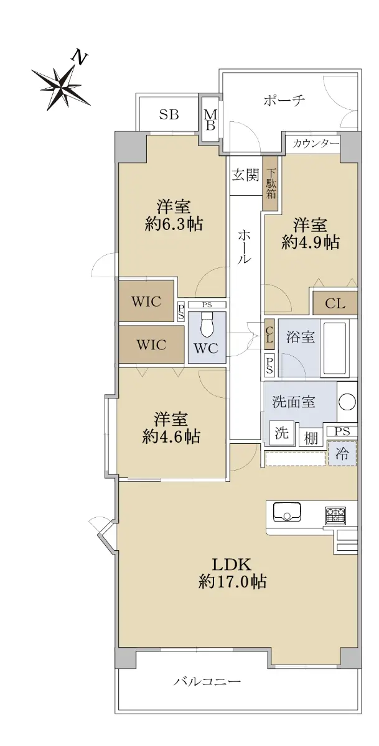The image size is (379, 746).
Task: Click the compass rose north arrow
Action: (61, 85)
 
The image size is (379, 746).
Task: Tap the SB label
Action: (169, 114)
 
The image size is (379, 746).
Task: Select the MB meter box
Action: (210, 120)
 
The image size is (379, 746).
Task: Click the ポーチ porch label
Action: (284, 100)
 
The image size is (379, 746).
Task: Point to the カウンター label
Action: (315, 144)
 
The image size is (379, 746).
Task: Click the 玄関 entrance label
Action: (245, 175)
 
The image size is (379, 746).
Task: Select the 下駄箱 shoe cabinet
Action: (271, 183)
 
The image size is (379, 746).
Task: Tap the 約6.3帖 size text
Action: (174, 224)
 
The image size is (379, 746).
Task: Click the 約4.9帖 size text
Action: (311, 242)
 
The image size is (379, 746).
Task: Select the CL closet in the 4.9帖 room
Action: (335, 303)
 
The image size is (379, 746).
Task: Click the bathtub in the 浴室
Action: (335, 348)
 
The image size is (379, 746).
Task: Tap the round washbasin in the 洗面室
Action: (347, 402)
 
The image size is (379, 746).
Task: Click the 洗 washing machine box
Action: (282, 433)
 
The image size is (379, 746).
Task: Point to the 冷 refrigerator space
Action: (342, 453)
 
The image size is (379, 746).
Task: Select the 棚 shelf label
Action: (311, 438)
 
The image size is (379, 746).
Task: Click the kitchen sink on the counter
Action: (287, 511)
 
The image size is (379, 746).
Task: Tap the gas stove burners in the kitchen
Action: (335, 516)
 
